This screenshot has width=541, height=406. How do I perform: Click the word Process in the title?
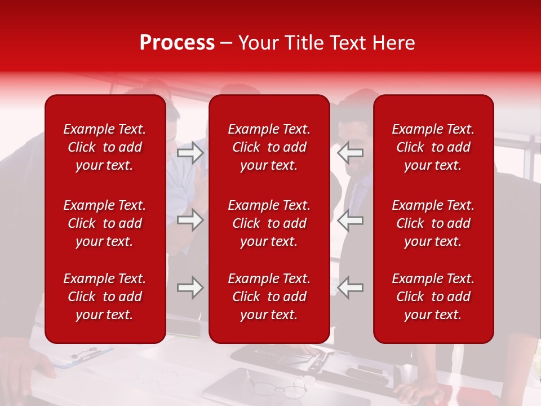pyautogui.click(x=177, y=43)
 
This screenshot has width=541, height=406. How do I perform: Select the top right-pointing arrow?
pyautogui.click(x=190, y=152)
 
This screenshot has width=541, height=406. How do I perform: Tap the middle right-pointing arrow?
pyautogui.click(x=190, y=220)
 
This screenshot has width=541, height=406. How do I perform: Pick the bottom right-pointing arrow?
pyautogui.click(x=190, y=288)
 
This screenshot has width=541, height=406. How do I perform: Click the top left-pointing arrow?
pyautogui.click(x=350, y=152)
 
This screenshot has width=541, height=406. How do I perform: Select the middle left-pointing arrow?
pyautogui.click(x=350, y=220)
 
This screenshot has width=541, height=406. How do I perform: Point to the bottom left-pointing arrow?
pyautogui.click(x=350, y=288)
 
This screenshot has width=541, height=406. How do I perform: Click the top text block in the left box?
pyautogui.click(x=105, y=147)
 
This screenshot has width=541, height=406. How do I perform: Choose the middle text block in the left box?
pyautogui.click(x=105, y=223)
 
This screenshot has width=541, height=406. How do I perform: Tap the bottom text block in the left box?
pyautogui.click(x=105, y=297)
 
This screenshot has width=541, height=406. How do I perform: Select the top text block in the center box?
pyautogui.click(x=269, y=147)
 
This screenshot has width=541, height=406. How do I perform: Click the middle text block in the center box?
pyautogui.click(x=269, y=223)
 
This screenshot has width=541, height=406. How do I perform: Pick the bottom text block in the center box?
pyautogui.click(x=269, y=297)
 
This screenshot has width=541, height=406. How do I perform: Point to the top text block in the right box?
pyautogui.click(x=433, y=147)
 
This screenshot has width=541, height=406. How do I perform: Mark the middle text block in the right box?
pyautogui.click(x=433, y=223)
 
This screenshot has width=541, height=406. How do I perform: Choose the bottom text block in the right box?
pyautogui.click(x=433, y=297)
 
